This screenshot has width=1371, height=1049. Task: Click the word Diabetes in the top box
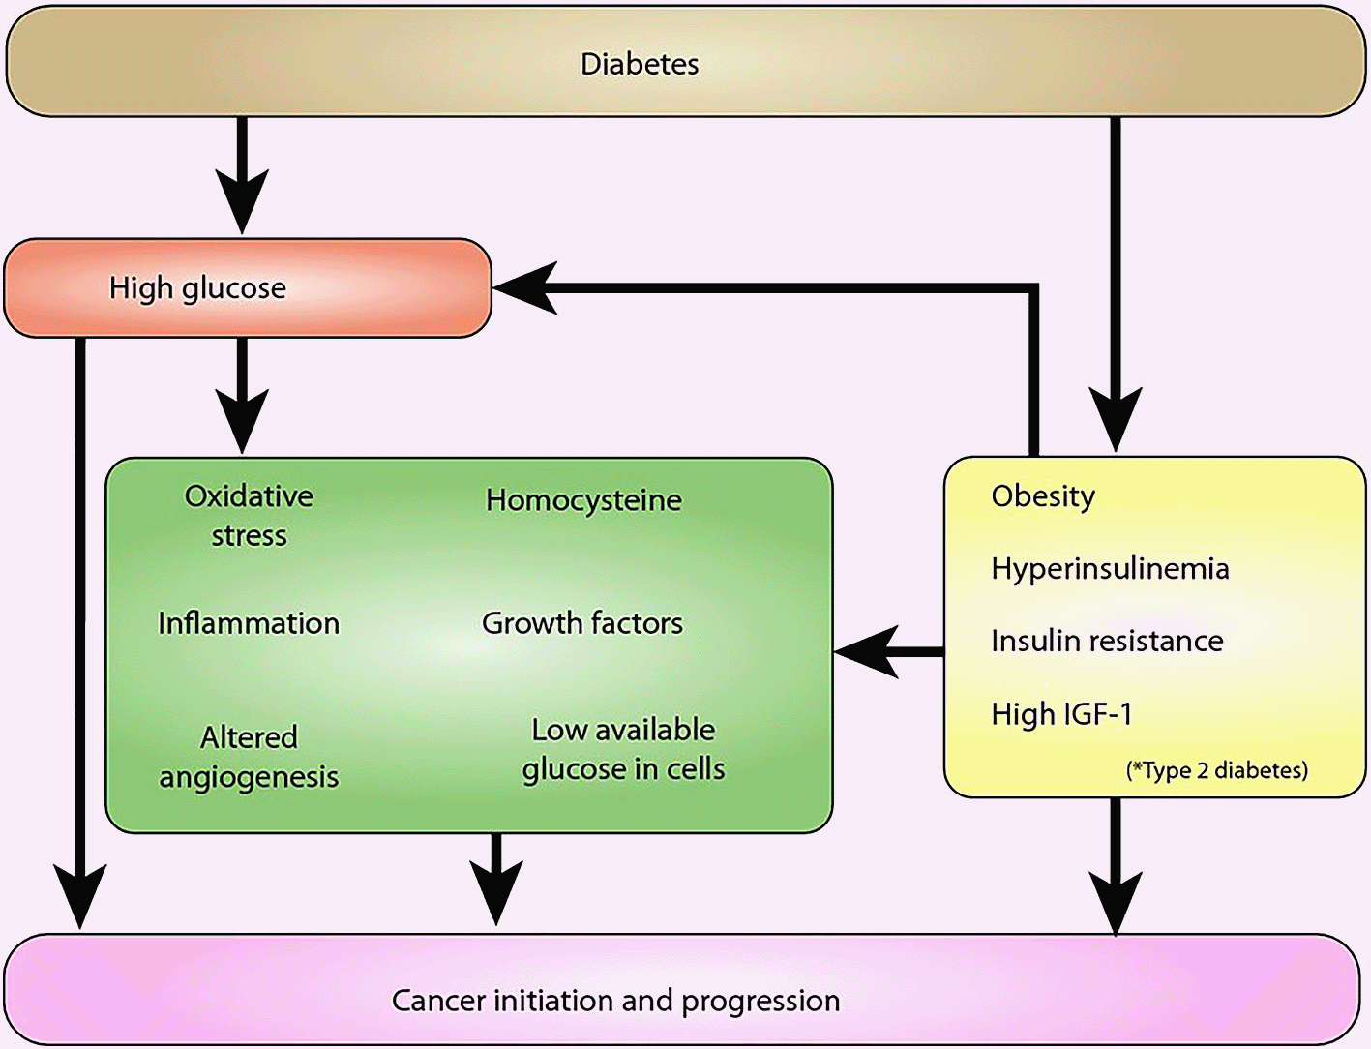pyautogui.click(x=640, y=64)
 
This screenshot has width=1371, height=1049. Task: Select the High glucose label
pyautogui.click(x=197, y=288)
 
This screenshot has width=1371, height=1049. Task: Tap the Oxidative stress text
pyautogui.click(x=250, y=516)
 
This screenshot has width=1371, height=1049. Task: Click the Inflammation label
pyautogui.click(x=249, y=623)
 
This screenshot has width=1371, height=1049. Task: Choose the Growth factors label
pyautogui.click(x=582, y=623)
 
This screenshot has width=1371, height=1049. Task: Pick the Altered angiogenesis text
pyautogui.click(x=249, y=758)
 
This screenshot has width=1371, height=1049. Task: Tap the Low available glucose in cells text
pyautogui.click(x=623, y=750)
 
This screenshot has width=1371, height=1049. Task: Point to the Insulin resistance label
pyautogui.click(x=1107, y=642)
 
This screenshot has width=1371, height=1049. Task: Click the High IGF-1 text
pyautogui.click(x=1061, y=714)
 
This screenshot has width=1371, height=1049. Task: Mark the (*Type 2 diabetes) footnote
pyautogui.click(x=1217, y=770)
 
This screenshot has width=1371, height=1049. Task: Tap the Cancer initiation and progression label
pyautogui.click(x=615, y=1001)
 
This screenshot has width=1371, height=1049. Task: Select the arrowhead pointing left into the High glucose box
pyautogui.click(x=524, y=288)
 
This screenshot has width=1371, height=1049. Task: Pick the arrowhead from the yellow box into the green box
pyautogui.click(x=866, y=652)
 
